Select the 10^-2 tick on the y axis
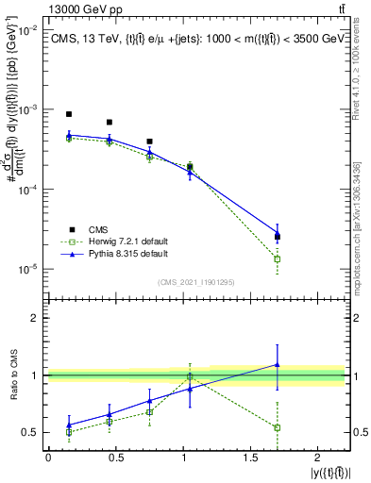[x=27, y=30]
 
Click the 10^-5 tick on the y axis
[x=27, y=269]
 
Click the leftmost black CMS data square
[x=69, y=114]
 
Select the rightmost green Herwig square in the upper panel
[x=277, y=258]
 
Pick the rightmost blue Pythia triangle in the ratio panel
[x=277, y=364]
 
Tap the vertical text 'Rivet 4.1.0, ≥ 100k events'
[x=360, y=76]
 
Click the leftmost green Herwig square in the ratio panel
[x=69, y=432]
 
